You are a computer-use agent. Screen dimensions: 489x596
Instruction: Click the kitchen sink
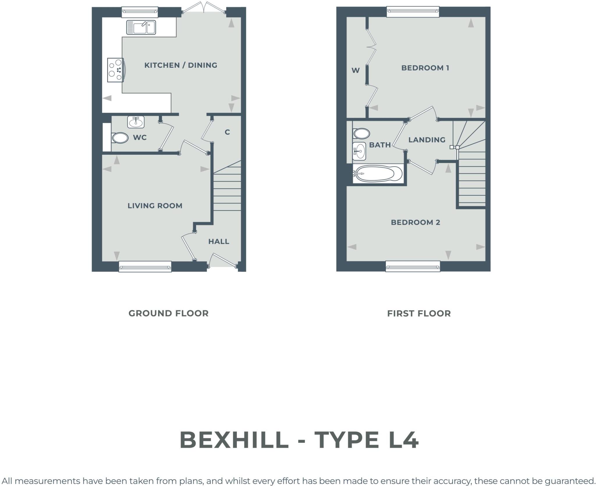(x=141, y=28)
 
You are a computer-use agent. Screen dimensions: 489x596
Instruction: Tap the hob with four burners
(x=116, y=70)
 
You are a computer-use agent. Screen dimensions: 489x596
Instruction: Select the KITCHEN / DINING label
(x=181, y=65)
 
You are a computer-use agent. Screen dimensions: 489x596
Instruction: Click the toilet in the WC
(x=120, y=138)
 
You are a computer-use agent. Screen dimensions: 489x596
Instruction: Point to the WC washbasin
(x=136, y=122)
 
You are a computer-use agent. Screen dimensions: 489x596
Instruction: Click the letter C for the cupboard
(x=227, y=132)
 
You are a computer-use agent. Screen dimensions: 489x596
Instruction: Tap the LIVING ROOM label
(x=155, y=206)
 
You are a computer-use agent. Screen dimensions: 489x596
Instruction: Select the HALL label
(x=219, y=241)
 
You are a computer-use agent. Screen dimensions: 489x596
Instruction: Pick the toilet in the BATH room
(x=361, y=134)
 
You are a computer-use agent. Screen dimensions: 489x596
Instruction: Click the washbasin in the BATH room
(x=359, y=151)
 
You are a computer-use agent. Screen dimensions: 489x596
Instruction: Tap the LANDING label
(x=427, y=140)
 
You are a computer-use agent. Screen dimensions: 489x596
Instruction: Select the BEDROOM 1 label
(x=425, y=68)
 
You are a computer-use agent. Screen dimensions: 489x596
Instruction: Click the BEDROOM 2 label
(x=415, y=223)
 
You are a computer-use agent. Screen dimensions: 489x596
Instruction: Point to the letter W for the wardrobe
(x=355, y=70)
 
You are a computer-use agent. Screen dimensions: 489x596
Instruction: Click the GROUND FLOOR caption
(x=168, y=314)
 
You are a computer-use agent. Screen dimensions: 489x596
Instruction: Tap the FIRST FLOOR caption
(x=419, y=314)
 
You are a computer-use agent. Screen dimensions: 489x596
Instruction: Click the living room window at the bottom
(x=145, y=266)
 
